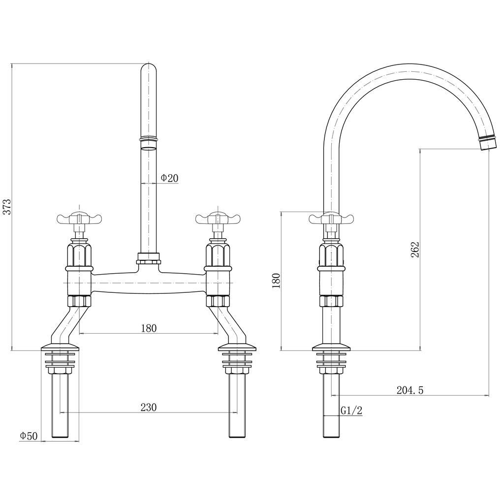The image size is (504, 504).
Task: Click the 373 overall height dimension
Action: pos(7,207)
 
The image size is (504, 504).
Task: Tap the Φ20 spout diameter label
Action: pos(169,178)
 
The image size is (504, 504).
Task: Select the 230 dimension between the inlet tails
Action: pos(148,407)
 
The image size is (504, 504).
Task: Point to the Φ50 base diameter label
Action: pos(29,436)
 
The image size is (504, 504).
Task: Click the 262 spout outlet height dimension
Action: pos(414,250)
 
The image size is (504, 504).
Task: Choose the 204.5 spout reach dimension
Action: pos(409,390)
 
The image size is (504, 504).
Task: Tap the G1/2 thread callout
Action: pos(351,411)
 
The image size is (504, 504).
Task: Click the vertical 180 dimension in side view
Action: pos(276,280)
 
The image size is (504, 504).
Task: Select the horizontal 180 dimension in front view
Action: pos(148,328)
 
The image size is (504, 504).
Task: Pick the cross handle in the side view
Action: pos(331,218)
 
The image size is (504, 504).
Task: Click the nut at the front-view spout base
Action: pos(149,258)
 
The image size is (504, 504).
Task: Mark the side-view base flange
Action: pos(331,347)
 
